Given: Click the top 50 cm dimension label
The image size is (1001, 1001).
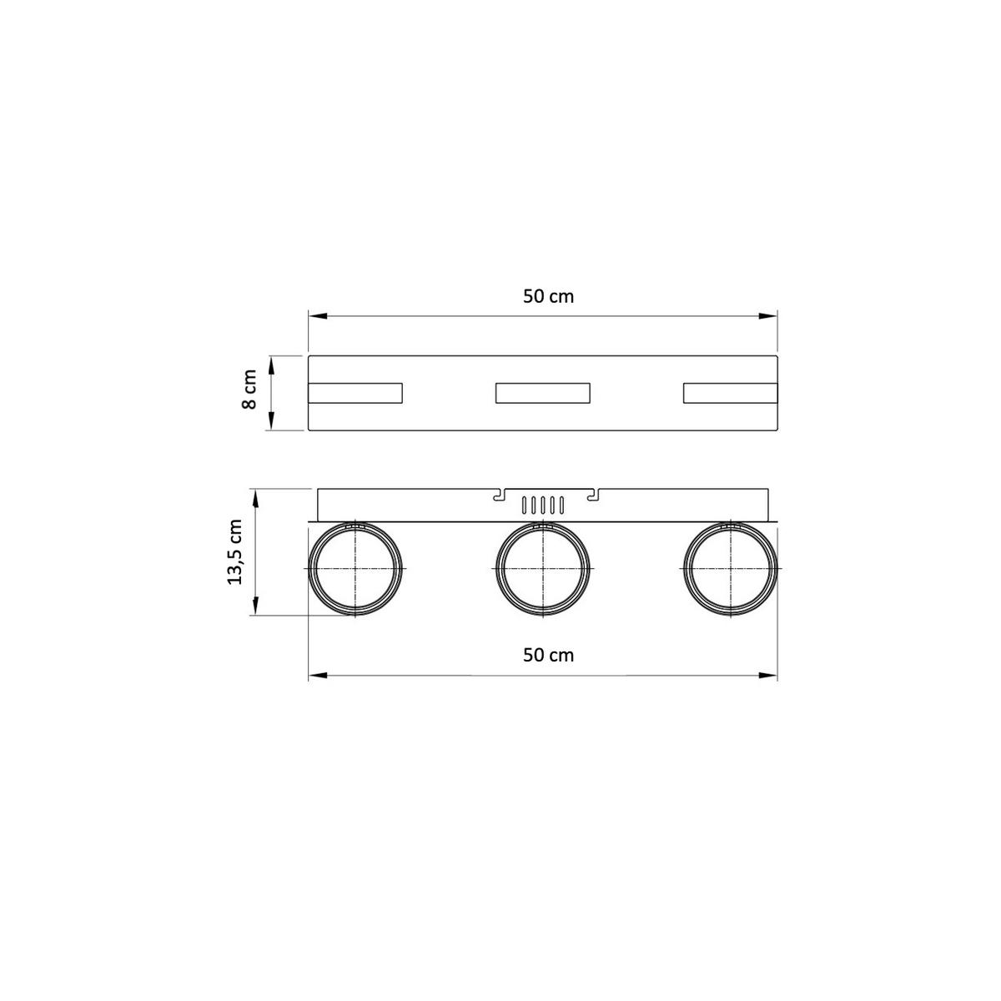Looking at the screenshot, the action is [x=548, y=297].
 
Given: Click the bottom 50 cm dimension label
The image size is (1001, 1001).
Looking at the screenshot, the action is [x=548, y=656].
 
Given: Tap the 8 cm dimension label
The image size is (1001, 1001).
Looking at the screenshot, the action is [x=249, y=389].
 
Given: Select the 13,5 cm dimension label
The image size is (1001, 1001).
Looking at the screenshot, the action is [x=234, y=551].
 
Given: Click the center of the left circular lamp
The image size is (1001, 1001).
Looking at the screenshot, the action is [x=355, y=568].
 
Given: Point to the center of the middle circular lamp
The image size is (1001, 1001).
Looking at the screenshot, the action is [x=543, y=568].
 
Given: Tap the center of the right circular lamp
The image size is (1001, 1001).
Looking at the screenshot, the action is [x=731, y=568].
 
